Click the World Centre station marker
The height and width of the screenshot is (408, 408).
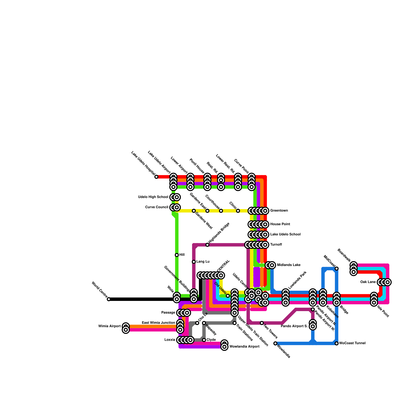(109, 299)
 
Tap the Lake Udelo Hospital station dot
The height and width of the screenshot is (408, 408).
(156, 177)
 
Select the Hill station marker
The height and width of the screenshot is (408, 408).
(177, 255)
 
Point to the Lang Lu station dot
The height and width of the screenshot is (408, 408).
(194, 262)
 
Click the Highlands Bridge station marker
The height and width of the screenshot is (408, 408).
(207, 245)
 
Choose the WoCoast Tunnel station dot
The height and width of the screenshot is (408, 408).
(337, 343)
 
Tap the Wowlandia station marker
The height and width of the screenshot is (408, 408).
(275, 343)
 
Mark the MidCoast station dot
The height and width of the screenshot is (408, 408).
(337, 269)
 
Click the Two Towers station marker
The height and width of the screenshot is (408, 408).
(262, 323)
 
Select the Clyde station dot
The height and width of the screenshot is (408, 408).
(204, 340)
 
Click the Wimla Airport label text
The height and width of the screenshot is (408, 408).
(109, 326)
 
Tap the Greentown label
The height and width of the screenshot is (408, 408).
(279, 211)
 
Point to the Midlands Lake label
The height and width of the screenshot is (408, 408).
(289, 265)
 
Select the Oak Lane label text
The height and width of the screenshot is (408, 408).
(368, 282)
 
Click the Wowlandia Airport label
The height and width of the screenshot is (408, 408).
(244, 347)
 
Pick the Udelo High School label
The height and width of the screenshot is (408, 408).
(153, 197)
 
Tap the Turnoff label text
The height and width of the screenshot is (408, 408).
(276, 245)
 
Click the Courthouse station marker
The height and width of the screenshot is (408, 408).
(221, 211)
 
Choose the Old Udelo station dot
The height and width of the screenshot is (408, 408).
(228, 296)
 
